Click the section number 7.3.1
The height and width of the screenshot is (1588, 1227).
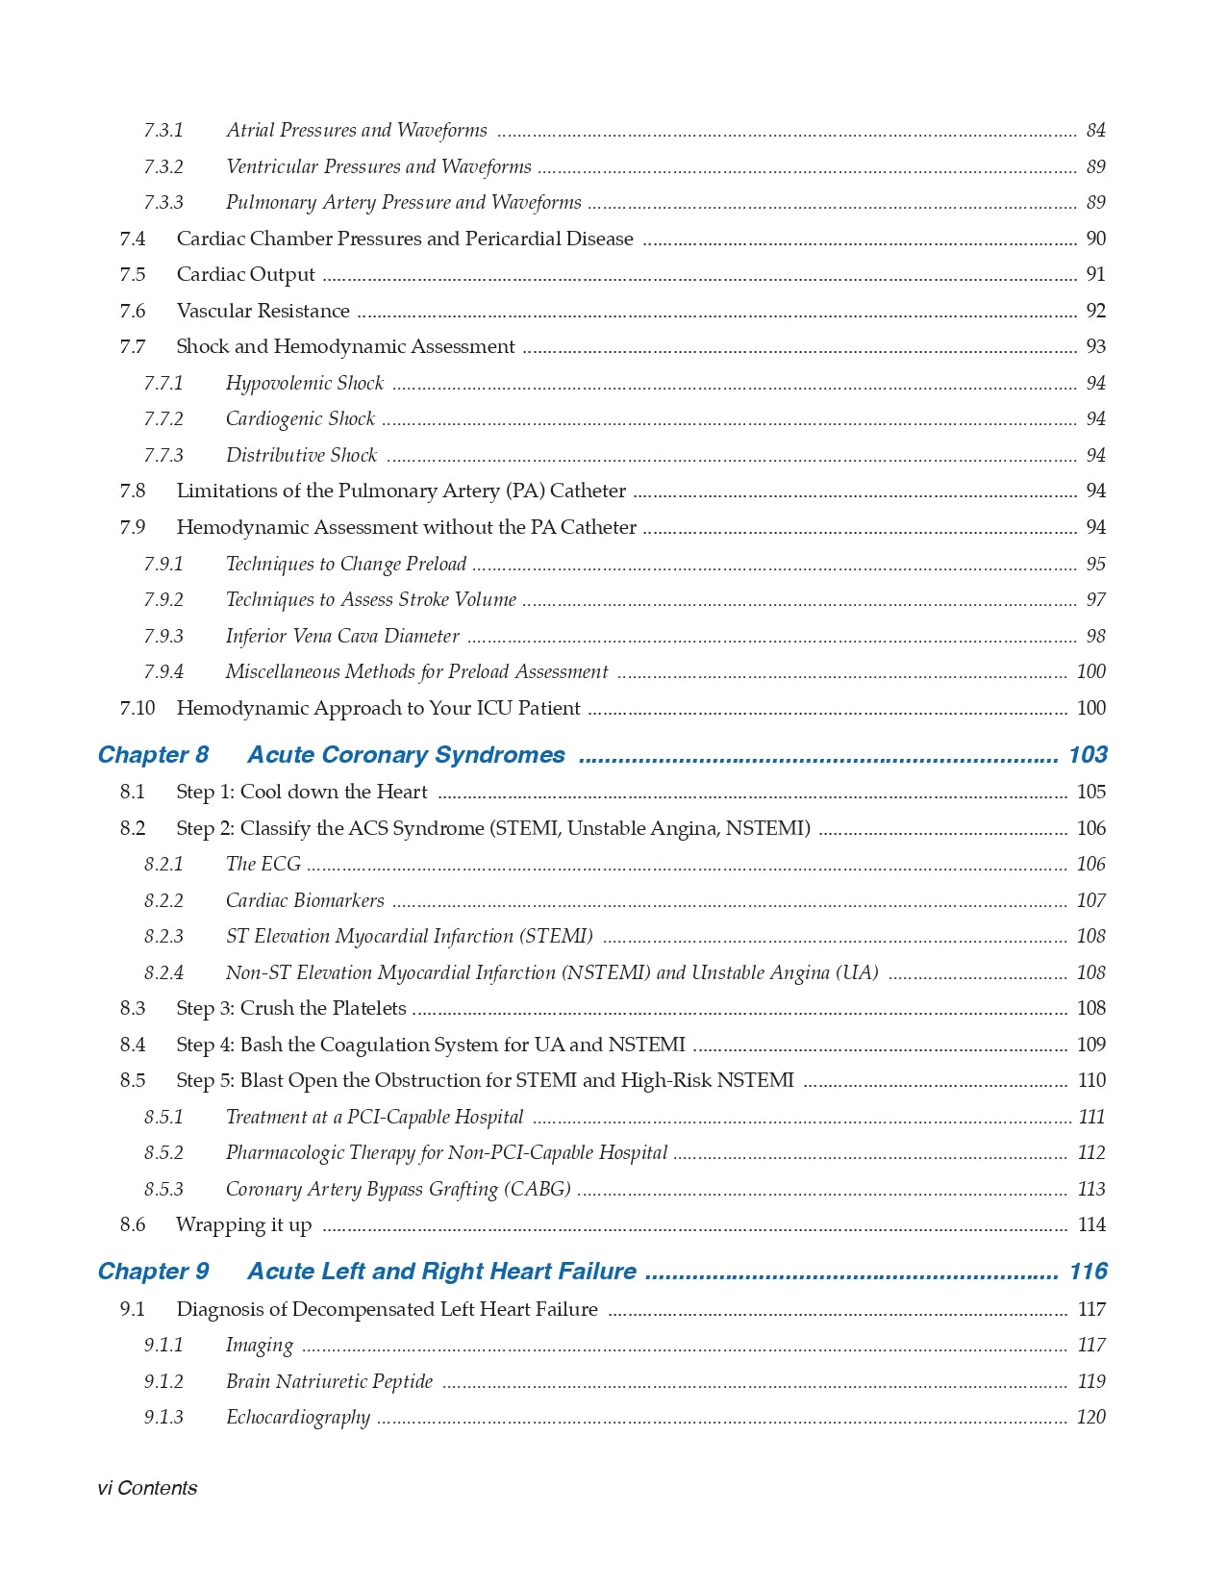pyautogui.click(x=163, y=131)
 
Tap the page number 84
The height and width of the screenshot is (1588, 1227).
pyautogui.click(x=1095, y=131)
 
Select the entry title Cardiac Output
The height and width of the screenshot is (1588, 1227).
pyautogui.click(x=245, y=275)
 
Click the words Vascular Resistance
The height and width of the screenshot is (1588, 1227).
pyautogui.click(x=263, y=312)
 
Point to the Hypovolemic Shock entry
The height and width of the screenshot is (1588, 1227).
pyautogui.click(x=304, y=384)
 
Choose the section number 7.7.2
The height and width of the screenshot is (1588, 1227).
pyautogui.click(x=163, y=419)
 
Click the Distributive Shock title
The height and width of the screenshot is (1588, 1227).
pyautogui.click(x=301, y=456)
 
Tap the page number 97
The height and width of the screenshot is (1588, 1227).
pyautogui.click(x=1095, y=600)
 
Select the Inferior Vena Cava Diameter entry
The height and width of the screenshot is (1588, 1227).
pyautogui.click(x=341, y=637)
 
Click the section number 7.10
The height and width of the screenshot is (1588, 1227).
pyautogui.click(x=137, y=709)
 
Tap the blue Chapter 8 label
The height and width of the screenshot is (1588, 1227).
pyautogui.click(x=153, y=755)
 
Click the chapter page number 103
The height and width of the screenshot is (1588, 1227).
pyautogui.click(x=1088, y=755)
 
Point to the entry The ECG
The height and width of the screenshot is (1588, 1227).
pyautogui.click(x=263, y=865)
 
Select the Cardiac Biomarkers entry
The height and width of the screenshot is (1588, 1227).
pyautogui.click(x=305, y=901)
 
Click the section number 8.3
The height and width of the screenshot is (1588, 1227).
pyautogui.click(x=133, y=1009)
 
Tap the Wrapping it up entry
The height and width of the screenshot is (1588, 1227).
pyautogui.click(x=243, y=1225)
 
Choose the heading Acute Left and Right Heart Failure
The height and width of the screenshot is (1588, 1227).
pyautogui.click(x=441, y=1272)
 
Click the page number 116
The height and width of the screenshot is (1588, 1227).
pyautogui.click(x=1088, y=1272)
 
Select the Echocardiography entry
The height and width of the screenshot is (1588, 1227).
pyautogui.click(x=297, y=1418)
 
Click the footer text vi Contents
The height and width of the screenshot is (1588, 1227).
pyautogui.click(x=147, y=1488)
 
